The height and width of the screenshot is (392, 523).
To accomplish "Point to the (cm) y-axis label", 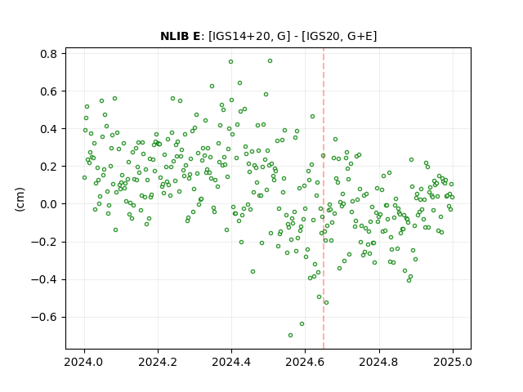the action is [20, 199].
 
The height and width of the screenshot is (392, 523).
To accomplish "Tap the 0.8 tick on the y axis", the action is [49, 54].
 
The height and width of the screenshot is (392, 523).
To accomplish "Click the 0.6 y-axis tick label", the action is [49, 91].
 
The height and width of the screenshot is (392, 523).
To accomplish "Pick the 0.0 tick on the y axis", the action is [49, 204].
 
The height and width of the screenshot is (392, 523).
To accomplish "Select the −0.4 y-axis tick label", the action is [44, 279].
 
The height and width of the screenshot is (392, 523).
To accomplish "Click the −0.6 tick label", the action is [44, 317].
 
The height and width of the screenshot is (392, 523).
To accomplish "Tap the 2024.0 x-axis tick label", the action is [84, 362].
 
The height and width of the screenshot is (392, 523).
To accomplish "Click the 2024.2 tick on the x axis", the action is [158, 362].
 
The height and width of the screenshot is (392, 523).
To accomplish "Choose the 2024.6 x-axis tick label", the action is [305, 362].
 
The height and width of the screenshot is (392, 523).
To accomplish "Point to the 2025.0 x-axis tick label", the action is [453, 362].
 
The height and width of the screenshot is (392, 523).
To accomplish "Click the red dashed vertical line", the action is [324, 198].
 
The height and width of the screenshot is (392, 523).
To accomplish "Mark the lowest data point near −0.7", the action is [291, 336].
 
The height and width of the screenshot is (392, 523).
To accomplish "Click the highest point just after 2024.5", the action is [270, 61].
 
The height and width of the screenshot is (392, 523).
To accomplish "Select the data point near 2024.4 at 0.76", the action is [230, 62].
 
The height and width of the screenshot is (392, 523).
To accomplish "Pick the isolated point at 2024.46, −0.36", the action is [253, 272].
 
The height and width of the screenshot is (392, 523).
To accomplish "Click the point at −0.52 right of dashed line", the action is [327, 303].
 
